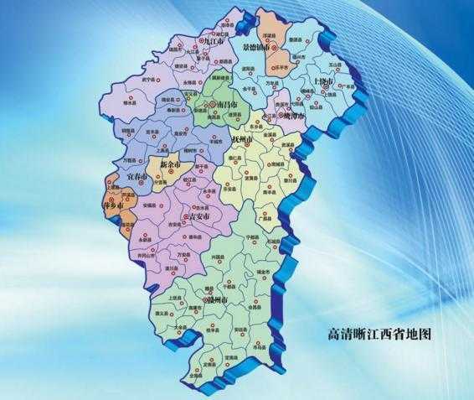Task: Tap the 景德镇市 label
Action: [257, 49]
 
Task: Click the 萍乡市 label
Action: [113, 204]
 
